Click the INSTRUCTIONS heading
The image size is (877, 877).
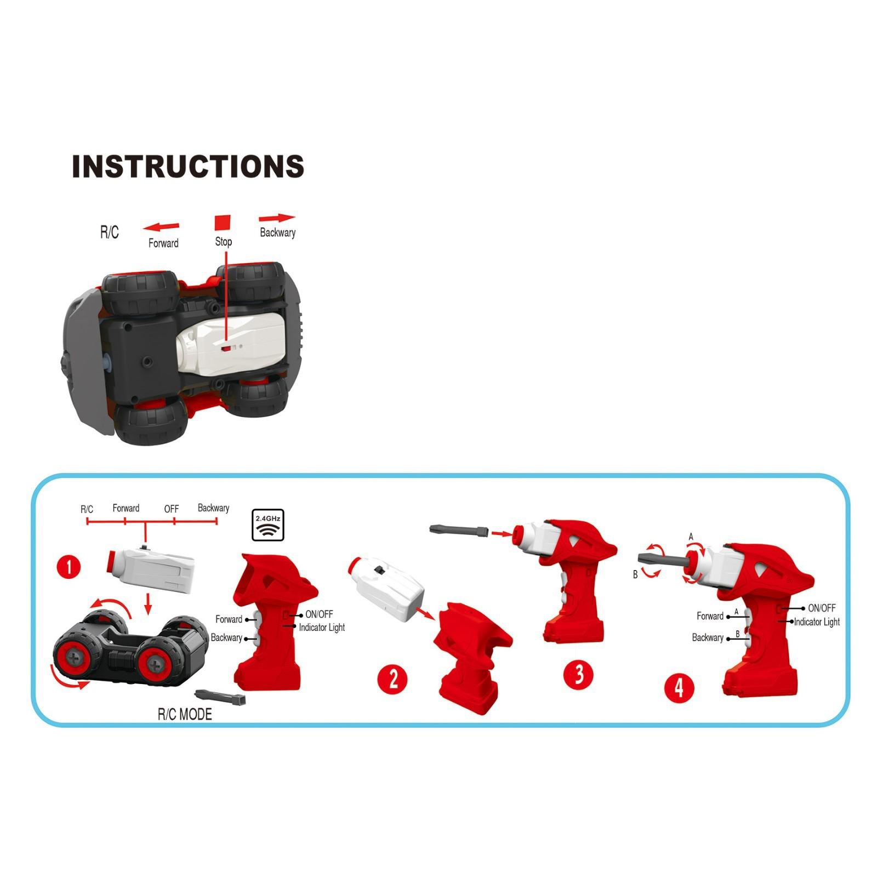coord(188,166)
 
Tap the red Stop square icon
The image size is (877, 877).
coord(223,223)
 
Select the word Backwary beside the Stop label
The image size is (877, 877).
coord(277,232)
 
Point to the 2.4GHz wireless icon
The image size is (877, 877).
coord(268,525)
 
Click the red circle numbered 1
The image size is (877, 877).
coord(69,567)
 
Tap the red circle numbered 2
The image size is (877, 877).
coord(392,679)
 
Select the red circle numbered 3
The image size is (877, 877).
coord(579,674)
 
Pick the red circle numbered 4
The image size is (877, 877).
coord(679,687)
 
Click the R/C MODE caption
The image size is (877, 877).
coord(185,714)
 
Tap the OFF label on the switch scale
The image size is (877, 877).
coord(172,509)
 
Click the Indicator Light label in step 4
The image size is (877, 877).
coord(817,622)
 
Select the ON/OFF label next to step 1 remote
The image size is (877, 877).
coord(319,614)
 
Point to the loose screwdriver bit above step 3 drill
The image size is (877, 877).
coord(459,530)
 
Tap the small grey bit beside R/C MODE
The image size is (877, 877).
coord(220,696)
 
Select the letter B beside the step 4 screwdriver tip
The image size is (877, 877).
coord(635,575)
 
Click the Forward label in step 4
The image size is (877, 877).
coord(710,616)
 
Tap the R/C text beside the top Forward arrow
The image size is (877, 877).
coord(109,232)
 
